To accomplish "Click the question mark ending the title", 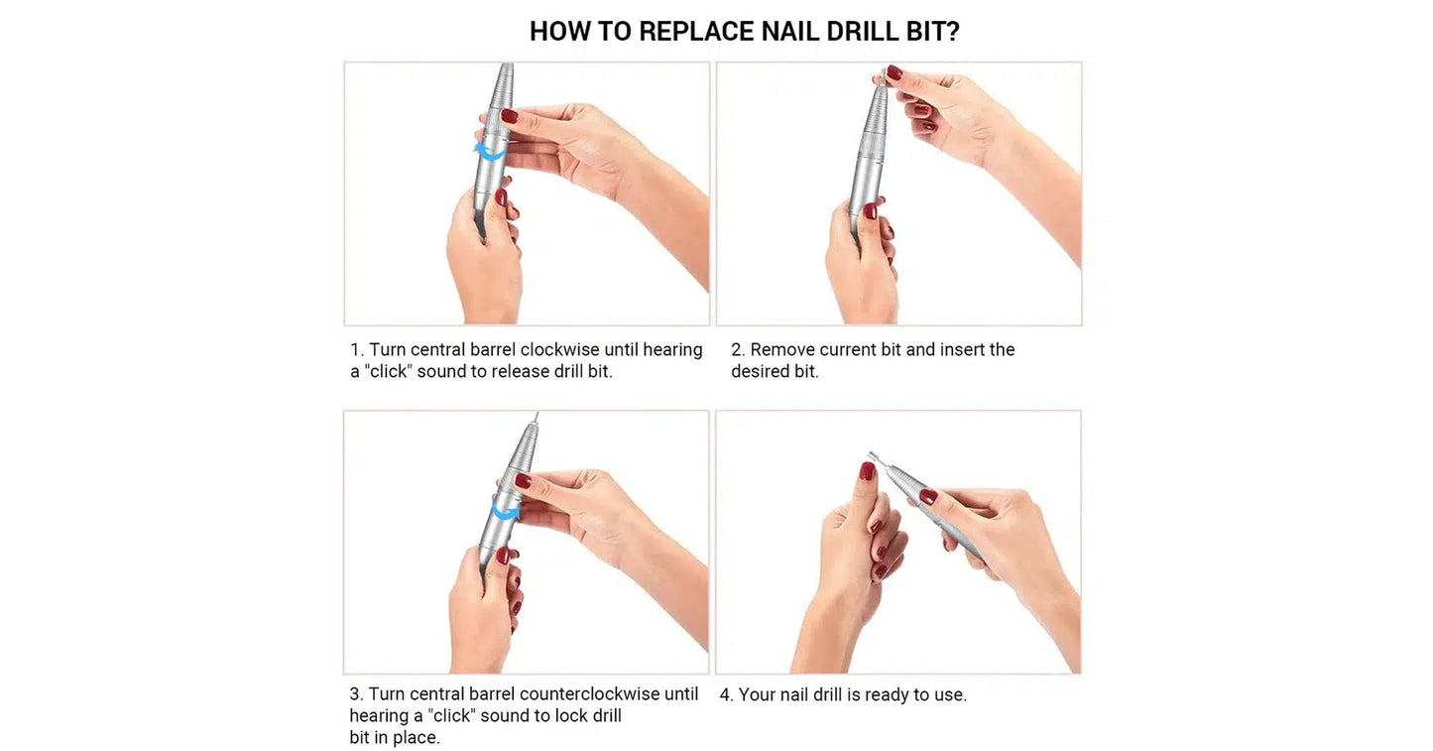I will point(953,32).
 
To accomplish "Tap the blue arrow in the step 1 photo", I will point(487,152).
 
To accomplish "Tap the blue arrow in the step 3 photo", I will point(506,510).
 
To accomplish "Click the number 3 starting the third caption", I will point(354,694).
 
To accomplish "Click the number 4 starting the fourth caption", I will point(725,695).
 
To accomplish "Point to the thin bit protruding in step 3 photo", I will point(536,421).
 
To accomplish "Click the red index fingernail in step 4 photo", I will point(867,471).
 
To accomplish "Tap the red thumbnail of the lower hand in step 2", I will point(869,210).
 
